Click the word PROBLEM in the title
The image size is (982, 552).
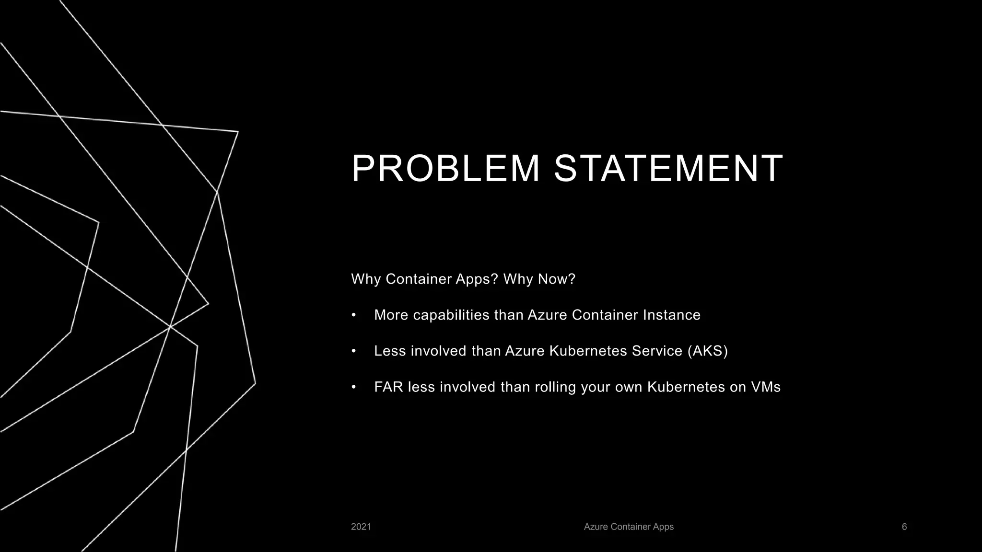pos(445,169)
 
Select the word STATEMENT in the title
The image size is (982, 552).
pos(668,169)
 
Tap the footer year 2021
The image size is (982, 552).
pos(361,527)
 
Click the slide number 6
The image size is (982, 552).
pos(904,527)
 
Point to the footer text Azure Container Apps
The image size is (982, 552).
pos(629,527)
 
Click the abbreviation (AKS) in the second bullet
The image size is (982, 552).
pos(707,351)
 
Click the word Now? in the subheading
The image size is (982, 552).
pos(557,279)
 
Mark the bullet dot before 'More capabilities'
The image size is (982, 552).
pos(354,315)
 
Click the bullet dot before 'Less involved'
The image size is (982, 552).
pos(354,351)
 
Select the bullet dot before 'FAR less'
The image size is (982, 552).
pos(354,387)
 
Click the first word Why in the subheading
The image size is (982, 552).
pos(366,279)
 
